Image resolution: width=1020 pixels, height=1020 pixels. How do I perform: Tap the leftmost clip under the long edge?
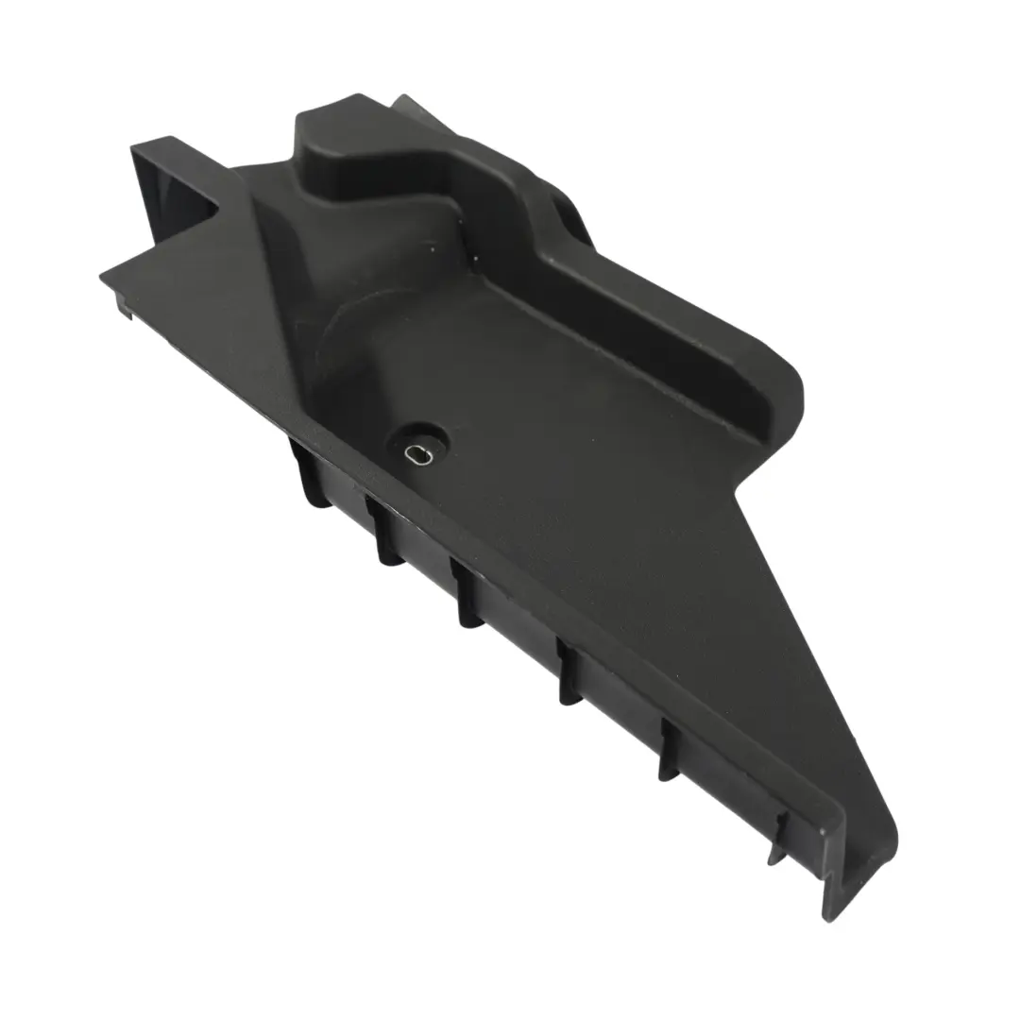309,477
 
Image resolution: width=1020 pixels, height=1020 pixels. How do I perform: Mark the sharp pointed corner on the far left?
104,275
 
